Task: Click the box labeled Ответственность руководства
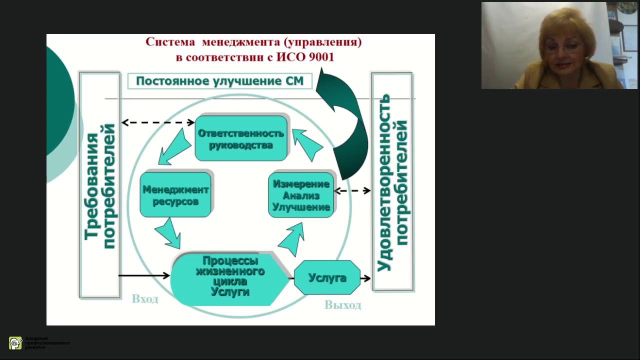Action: click(x=241, y=138)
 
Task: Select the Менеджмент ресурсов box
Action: click(x=175, y=195)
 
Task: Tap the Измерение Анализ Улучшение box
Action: click(x=301, y=195)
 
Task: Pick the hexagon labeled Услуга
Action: click(x=327, y=277)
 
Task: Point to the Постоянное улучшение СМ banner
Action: click(x=220, y=81)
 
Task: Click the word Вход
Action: click(x=145, y=299)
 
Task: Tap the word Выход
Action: click(x=342, y=305)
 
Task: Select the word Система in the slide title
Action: click(x=170, y=42)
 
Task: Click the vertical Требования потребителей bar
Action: click(x=100, y=185)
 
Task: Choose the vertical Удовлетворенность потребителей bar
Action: click(x=392, y=182)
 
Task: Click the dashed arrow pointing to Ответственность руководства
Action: click(x=158, y=122)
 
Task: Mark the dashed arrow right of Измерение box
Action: click(x=352, y=190)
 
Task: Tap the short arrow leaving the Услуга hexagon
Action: click(x=365, y=278)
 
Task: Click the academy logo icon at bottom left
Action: click(x=15, y=343)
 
